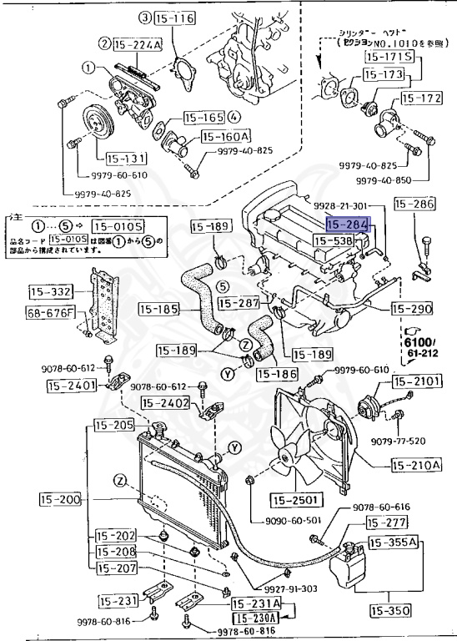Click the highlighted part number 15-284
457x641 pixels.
346,225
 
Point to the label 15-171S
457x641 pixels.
389,57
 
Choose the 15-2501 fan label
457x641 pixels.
293,500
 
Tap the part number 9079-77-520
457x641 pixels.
399,440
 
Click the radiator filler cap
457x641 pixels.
157,432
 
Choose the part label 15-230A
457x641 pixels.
255,618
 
